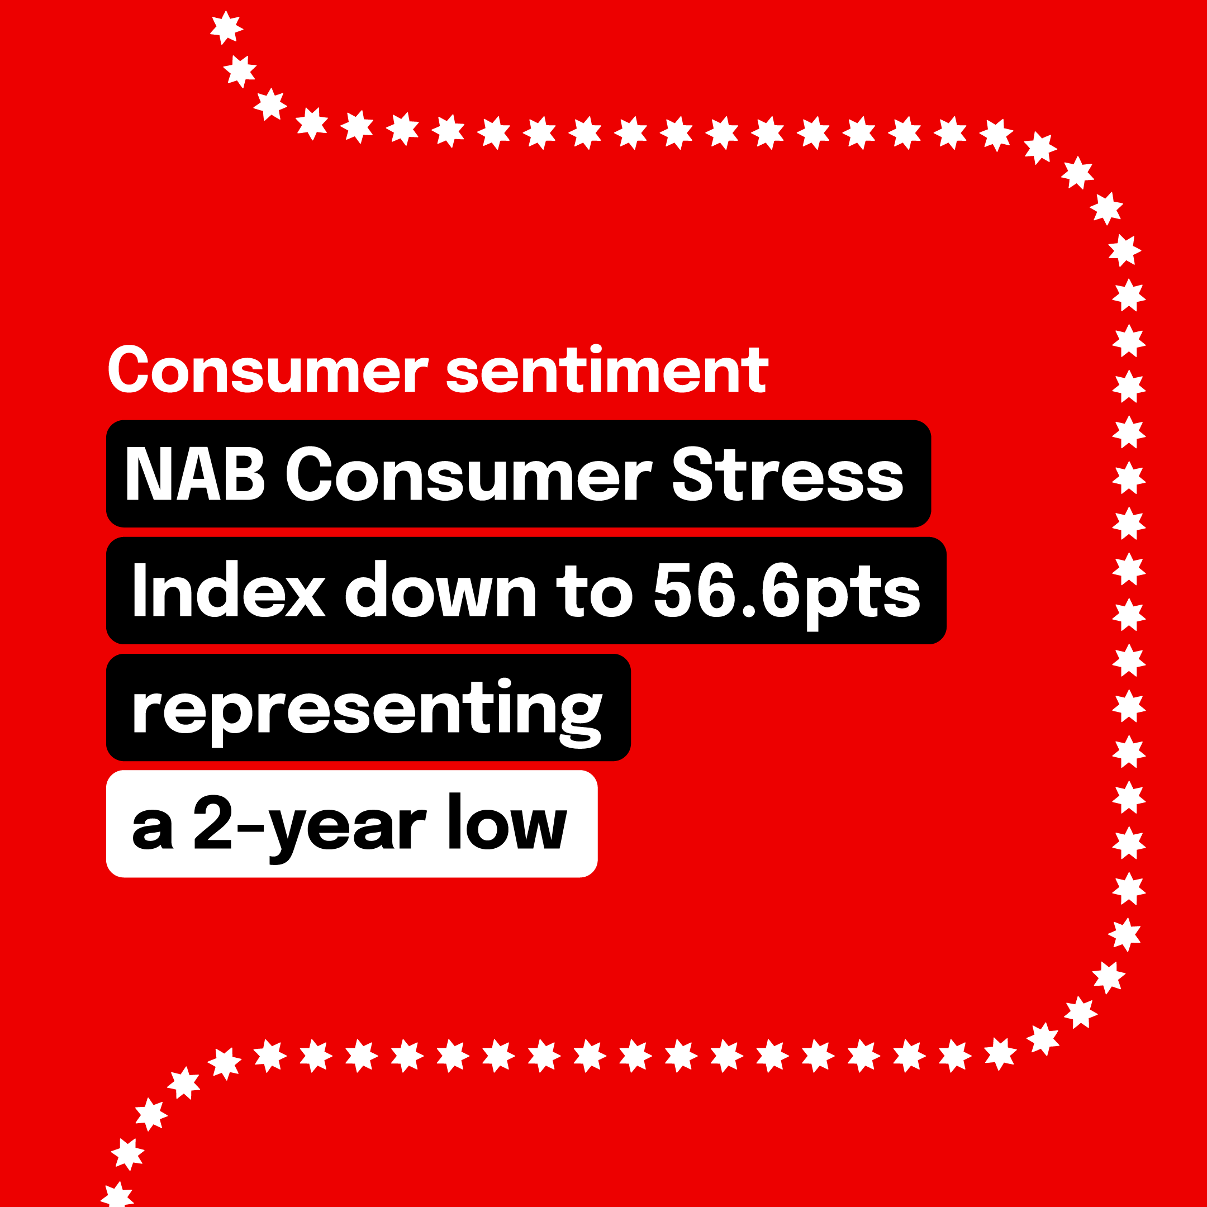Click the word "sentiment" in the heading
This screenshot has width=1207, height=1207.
point(607,370)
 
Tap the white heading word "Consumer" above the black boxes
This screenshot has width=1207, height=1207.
point(268,370)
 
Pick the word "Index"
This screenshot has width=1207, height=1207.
point(229,590)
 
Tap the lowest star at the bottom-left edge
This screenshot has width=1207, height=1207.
point(117,1195)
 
